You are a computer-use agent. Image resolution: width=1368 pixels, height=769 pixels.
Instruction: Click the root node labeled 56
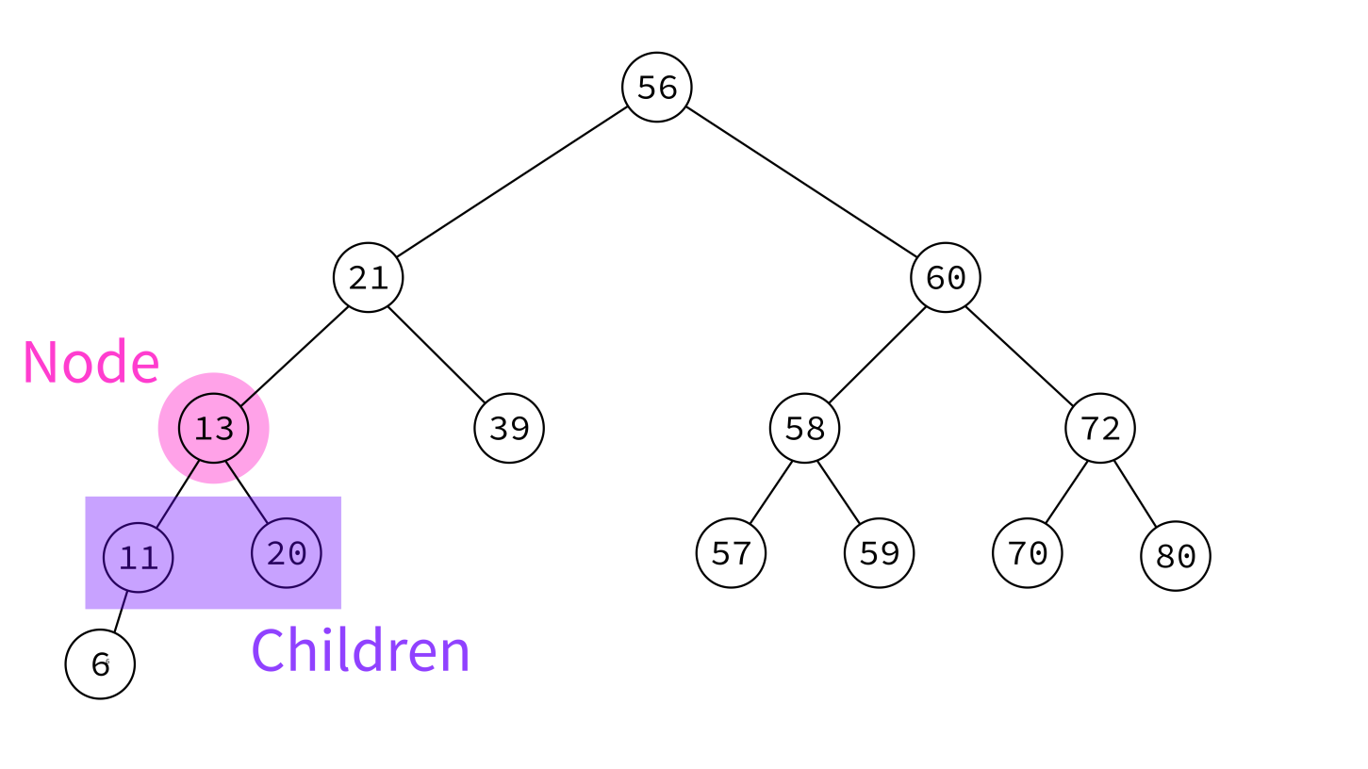[x=656, y=88]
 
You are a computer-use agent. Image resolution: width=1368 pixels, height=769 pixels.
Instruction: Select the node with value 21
[x=369, y=278]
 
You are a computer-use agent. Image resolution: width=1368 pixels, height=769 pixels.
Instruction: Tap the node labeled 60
[x=946, y=278]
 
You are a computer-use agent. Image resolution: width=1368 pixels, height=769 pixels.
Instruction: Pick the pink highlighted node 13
[x=214, y=428]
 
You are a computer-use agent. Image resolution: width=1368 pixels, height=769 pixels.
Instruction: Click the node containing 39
[x=509, y=428]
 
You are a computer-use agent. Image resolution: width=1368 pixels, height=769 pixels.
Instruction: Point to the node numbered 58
[x=804, y=428]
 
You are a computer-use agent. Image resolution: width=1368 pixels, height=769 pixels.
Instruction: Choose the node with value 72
[x=1100, y=428]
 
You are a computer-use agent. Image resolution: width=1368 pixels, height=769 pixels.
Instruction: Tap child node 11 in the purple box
[x=138, y=557]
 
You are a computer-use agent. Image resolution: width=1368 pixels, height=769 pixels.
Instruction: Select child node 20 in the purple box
[x=287, y=553]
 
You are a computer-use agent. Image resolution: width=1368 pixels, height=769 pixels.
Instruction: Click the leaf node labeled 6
[x=100, y=664]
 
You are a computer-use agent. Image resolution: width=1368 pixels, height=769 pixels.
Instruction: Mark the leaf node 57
[x=731, y=553]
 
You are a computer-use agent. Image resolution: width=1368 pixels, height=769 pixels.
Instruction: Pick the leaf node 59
[x=879, y=553]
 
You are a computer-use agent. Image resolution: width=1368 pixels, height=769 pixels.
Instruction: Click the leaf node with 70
[x=1028, y=553]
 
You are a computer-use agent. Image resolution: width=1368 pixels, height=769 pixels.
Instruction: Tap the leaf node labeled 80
[x=1175, y=556]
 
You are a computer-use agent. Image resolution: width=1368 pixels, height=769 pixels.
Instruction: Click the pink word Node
[x=91, y=362]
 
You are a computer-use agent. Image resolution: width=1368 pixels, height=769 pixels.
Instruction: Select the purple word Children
[x=360, y=650]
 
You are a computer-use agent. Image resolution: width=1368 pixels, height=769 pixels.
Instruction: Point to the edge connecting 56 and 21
[x=512, y=182]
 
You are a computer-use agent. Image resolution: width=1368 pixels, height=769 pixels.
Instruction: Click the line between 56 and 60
[x=801, y=182]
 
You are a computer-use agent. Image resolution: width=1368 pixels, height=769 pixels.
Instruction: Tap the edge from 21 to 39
[x=437, y=355]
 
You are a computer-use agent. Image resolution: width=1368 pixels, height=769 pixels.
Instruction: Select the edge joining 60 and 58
[x=877, y=355]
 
